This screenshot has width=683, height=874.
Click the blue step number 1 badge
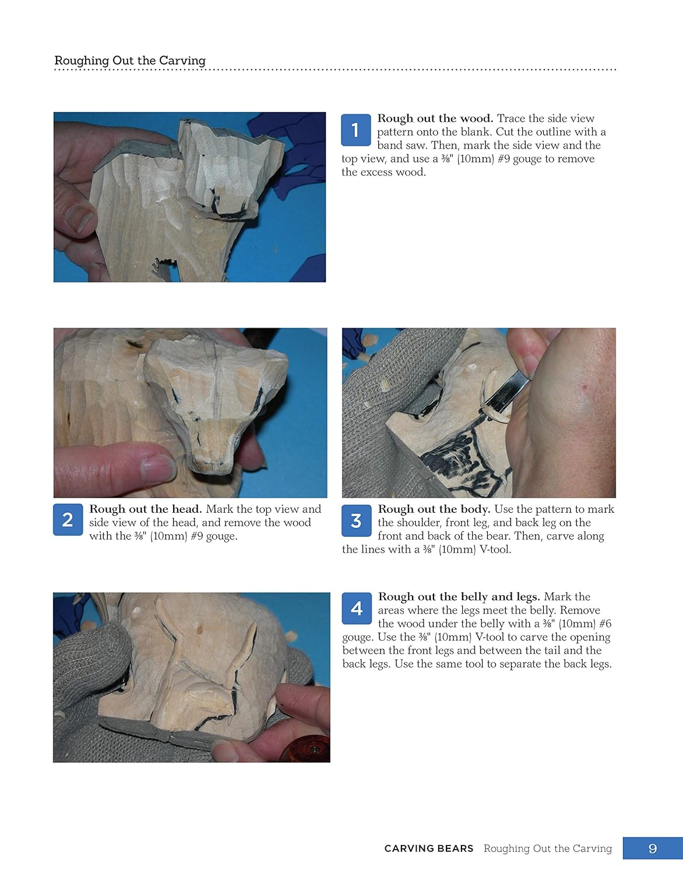[x=355, y=130]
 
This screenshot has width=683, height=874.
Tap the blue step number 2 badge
[x=68, y=520]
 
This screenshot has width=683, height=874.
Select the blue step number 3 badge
[x=356, y=521]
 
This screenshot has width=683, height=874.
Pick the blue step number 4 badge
[x=357, y=609]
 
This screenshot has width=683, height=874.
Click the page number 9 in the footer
[x=653, y=848]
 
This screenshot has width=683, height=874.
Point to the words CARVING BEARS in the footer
[x=428, y=848]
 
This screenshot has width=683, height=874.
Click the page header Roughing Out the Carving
[x=130, y=61]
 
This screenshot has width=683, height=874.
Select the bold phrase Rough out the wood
[x=435, y=118]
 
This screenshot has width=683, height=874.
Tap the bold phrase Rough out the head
[x=145, y=509]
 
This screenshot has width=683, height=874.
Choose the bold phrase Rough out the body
[x=434, y=509]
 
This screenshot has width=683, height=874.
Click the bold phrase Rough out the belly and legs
[x=459, y=597]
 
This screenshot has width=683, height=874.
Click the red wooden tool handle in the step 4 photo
[x=307, y=750]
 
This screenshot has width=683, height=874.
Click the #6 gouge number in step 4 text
[x=605, y=623]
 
